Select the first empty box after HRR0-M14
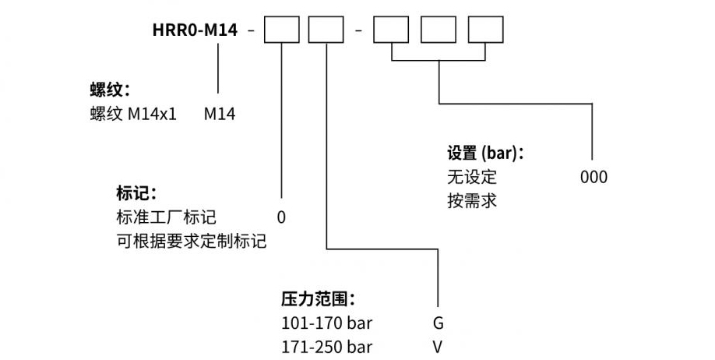coord(281,32)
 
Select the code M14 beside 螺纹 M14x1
coord(220,115)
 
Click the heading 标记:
coord(136,192)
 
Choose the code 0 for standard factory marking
coord(281,217)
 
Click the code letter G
coord(439,323)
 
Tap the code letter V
coord(439,346)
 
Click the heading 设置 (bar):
coord(484,152)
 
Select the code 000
coord(593,177)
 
